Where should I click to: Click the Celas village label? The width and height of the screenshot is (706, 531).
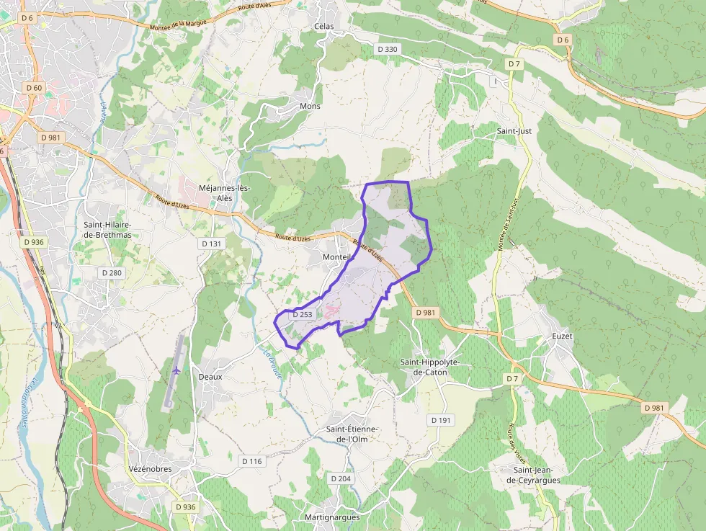pos(323,26)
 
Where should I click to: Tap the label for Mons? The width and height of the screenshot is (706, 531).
pos(310,106)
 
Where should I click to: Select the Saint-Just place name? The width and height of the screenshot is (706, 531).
pos(514,131)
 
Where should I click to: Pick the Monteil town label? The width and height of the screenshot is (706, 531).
pos(337,257)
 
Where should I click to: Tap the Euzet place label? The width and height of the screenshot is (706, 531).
pos(560,335)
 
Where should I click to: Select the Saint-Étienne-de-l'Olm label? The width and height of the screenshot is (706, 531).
pos(352,434)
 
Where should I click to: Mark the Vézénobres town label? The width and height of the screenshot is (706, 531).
pos(150,469)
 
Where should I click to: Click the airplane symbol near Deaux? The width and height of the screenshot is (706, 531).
pos(177,370)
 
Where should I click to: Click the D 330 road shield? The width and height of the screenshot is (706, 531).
pos(388,49)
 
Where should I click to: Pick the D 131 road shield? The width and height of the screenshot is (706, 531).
pos(211,244)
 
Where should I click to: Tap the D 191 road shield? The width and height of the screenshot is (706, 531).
pos(440,419)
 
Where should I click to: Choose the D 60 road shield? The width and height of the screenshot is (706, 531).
pos(34,88)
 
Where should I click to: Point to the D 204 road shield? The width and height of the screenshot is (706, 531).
pos(340,478)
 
